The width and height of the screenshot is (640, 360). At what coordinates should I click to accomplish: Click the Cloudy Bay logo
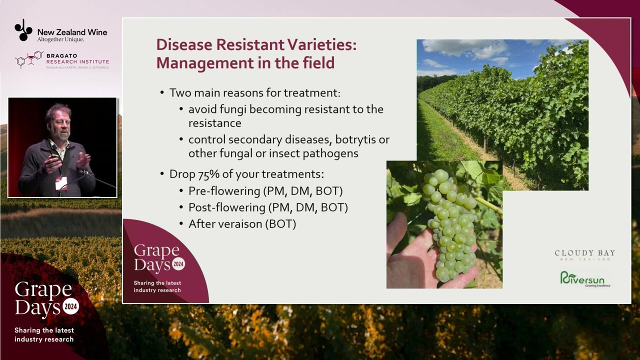tap(584, 254)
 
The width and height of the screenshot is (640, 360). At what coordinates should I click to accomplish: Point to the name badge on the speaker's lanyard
tap(61, 183)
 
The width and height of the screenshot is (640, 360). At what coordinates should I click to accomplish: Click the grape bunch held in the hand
tap(448, 225)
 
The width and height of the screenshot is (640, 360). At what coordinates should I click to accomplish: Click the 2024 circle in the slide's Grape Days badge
tap(178, 264)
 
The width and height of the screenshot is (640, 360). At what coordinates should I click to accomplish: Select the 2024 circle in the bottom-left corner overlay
tap(70, 306)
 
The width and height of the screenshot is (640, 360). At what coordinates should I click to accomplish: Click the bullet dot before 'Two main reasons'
tap(162, 93)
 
